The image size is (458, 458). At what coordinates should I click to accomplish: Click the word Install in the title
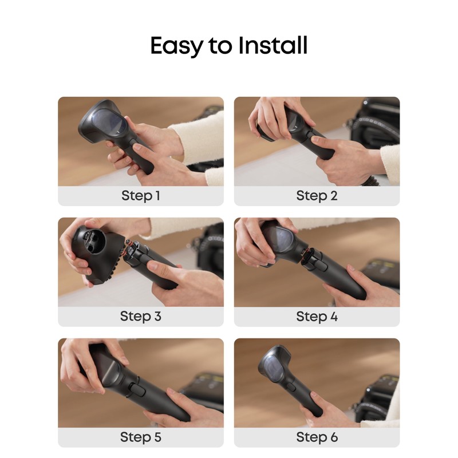click(274, 45)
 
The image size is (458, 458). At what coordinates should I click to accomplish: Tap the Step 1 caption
click(140, 196)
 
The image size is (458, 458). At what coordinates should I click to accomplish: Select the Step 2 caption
click(317, 196)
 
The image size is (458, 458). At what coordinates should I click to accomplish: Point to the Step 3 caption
click(140, 316)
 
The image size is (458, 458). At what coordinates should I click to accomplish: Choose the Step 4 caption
click(317, 316)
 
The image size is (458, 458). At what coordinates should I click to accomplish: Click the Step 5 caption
click(140, 437)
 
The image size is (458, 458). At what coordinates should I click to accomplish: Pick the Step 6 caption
click(317, 437)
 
